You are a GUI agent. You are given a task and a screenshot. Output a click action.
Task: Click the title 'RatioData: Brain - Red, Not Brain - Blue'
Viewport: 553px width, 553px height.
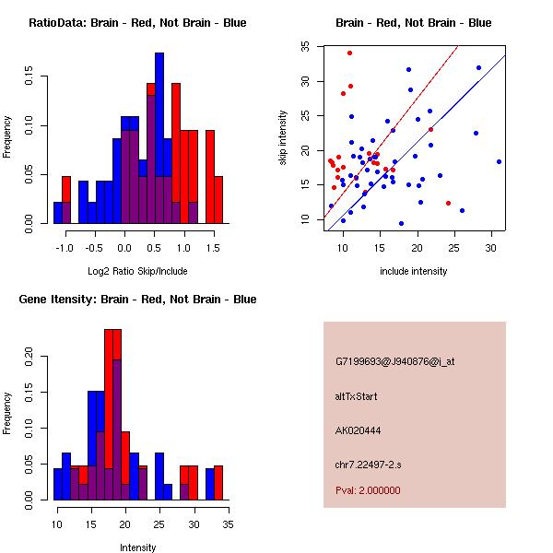[x=137, y=23]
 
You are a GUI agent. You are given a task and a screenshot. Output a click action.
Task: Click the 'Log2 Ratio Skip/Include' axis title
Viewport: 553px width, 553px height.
[x=136, y=271]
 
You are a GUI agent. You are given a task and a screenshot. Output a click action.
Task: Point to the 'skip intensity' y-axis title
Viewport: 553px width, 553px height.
[x=284, y=139]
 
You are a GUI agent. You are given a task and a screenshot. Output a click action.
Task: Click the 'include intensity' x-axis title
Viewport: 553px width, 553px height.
[x=414, y=271]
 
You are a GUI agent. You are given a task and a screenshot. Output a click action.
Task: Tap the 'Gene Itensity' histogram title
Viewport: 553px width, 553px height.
[x=137, y=300]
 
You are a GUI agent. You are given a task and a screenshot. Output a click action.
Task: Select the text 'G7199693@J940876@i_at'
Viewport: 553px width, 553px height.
[x=395, y=361]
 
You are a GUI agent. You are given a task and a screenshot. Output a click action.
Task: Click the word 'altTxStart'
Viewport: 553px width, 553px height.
[x=357, y=396]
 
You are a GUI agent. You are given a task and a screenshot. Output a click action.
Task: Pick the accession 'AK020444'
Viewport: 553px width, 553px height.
[x=359, y=430]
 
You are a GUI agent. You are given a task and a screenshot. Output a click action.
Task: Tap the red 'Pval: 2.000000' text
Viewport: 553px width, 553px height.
[x=368, y=490]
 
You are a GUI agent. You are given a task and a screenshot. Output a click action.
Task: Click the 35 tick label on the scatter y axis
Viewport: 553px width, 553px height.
[x=304, y=44]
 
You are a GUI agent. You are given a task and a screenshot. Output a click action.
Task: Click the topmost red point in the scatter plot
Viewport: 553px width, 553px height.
[x=349, y=53]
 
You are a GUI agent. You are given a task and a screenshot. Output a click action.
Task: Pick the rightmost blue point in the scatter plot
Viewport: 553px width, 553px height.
[x=499, y=161]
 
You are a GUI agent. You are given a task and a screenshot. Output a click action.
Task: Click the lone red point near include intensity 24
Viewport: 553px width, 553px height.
[x=448, y=203]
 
